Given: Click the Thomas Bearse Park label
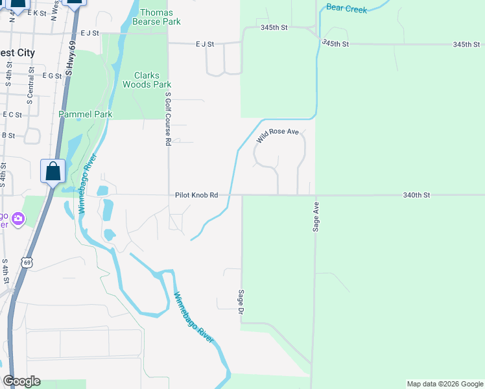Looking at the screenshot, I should point(156,17).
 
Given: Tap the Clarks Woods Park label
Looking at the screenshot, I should point(147,80).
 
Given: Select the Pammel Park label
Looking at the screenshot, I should point(86,114).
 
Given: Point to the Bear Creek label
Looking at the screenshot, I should point(347,8).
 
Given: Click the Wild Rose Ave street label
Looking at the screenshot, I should point(277,136).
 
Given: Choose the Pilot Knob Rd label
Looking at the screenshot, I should point(196,194).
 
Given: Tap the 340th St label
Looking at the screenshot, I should point(416,194).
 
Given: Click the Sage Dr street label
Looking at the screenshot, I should point(241,302).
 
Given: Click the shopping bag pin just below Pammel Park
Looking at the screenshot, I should point(53,171).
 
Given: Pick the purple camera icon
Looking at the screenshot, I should point(18,219).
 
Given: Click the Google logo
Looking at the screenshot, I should point(21,381).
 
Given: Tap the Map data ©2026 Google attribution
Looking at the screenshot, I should point(444,384).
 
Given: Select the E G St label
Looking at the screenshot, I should point(51,76).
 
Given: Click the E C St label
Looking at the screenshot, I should point(12,114).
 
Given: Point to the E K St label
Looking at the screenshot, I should point(36,13).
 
